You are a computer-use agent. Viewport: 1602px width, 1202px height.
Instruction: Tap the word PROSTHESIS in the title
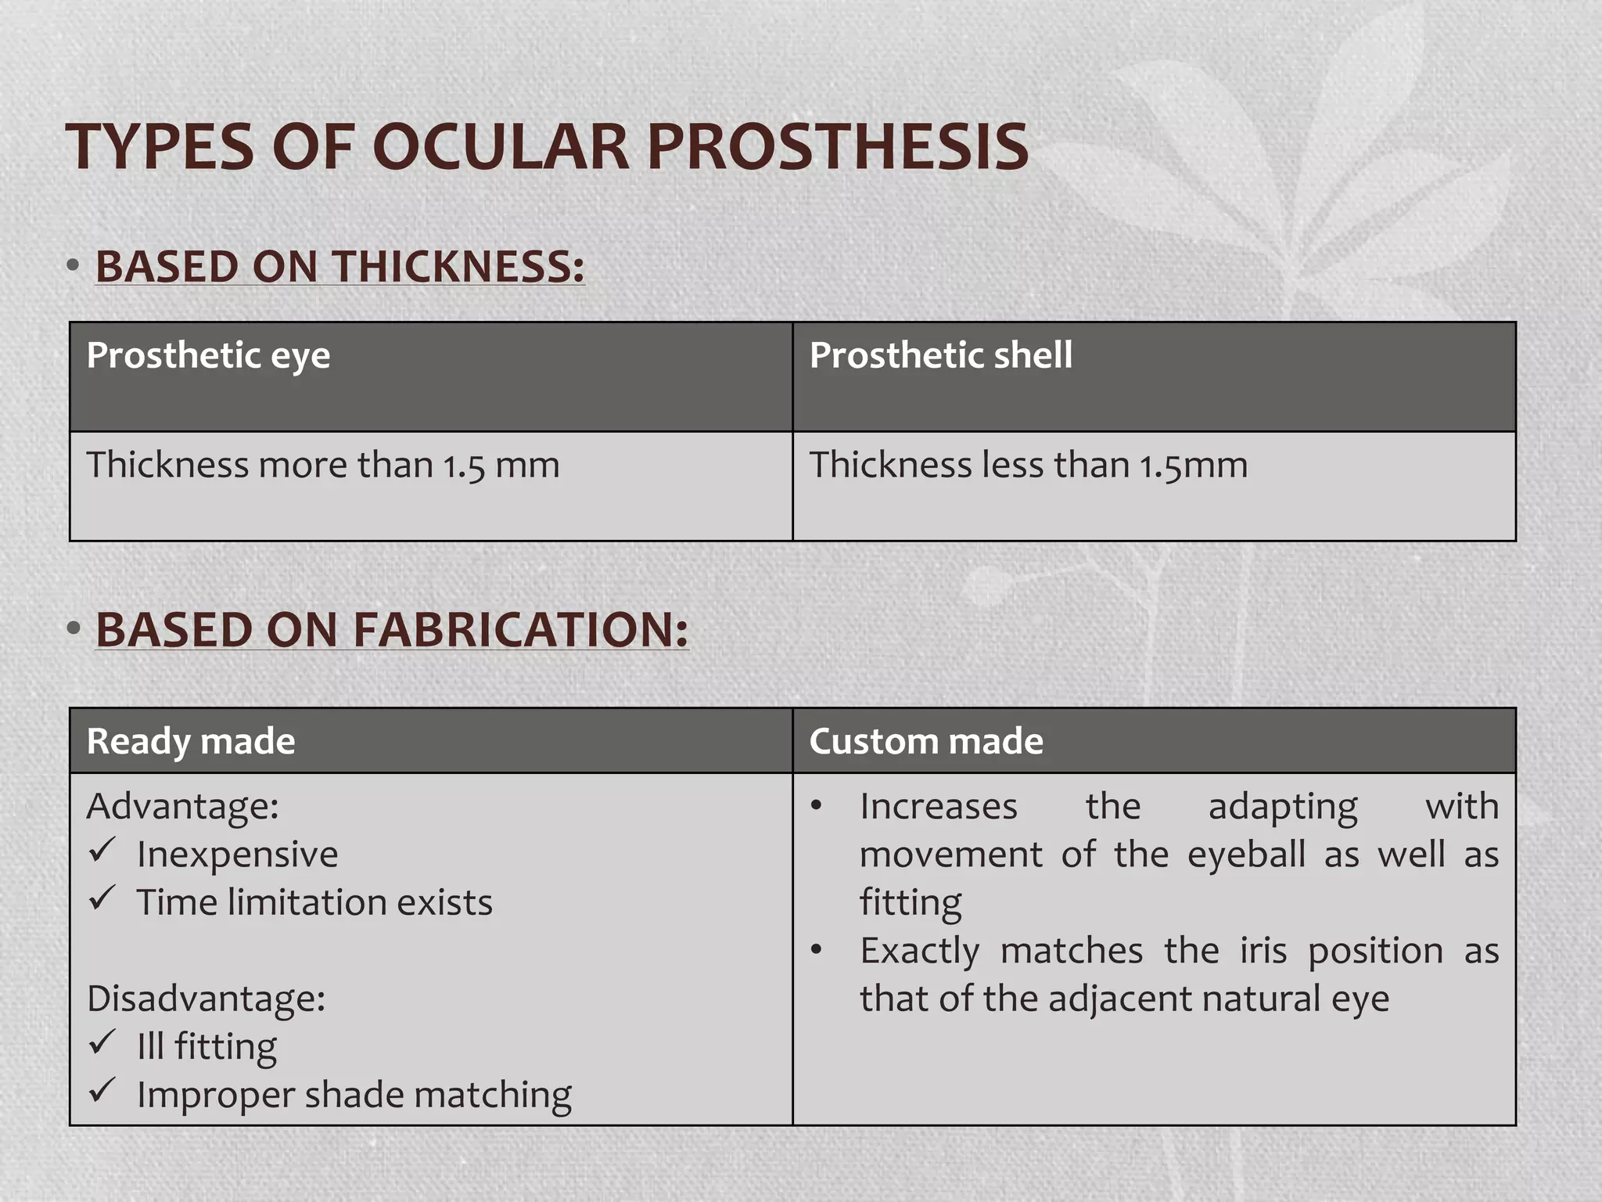837,147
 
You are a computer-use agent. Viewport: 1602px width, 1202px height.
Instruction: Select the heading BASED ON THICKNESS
340,266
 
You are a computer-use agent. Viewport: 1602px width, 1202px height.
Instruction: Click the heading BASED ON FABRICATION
392,629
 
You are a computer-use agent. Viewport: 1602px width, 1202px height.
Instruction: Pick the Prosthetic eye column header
208,355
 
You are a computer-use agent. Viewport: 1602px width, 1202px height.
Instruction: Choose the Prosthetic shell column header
940,355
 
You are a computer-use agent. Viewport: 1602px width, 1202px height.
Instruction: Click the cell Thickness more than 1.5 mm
323,465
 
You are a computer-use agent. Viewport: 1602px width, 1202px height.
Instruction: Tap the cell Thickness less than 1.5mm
1028,465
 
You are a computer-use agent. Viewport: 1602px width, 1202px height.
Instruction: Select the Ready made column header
191,741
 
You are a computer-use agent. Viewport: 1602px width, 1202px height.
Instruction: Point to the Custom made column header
926,741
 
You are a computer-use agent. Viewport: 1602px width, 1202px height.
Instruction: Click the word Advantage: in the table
183,806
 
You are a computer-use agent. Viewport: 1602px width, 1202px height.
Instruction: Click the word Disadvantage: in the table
206,999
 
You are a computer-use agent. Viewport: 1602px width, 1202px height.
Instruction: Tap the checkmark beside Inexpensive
102,850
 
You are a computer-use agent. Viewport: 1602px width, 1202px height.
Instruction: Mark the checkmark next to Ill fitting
102,1042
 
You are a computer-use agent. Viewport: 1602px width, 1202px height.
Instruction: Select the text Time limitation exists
314,902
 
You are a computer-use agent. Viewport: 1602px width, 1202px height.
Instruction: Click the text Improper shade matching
354,1095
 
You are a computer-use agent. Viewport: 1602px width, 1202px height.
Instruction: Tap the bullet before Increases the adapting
817,806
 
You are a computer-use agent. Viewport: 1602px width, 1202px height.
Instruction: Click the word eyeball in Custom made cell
1246,855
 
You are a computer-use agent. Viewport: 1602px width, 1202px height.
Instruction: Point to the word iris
1263,951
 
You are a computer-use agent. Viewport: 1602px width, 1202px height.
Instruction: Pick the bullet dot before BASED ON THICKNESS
74,266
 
